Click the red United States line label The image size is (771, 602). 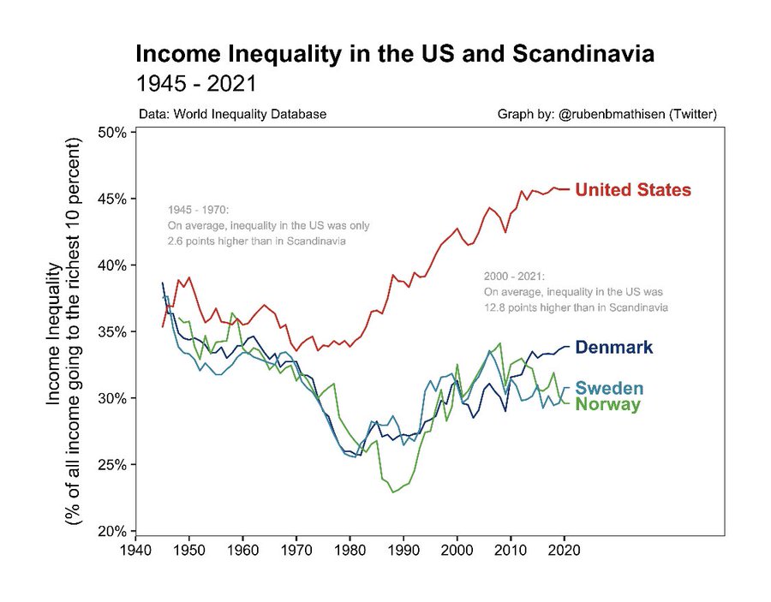point(632,190)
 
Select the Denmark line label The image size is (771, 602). point(613,348)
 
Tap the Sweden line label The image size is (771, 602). point(609,389)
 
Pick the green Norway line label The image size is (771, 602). point(607,404)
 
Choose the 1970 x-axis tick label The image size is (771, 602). point(296,551)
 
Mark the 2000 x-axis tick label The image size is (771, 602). point(457,551)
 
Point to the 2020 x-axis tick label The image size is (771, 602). point(565,551)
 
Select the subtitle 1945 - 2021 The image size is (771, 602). point(196,84)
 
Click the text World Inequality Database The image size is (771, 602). point(249,114)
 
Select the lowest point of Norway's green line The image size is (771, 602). point(393,492)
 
